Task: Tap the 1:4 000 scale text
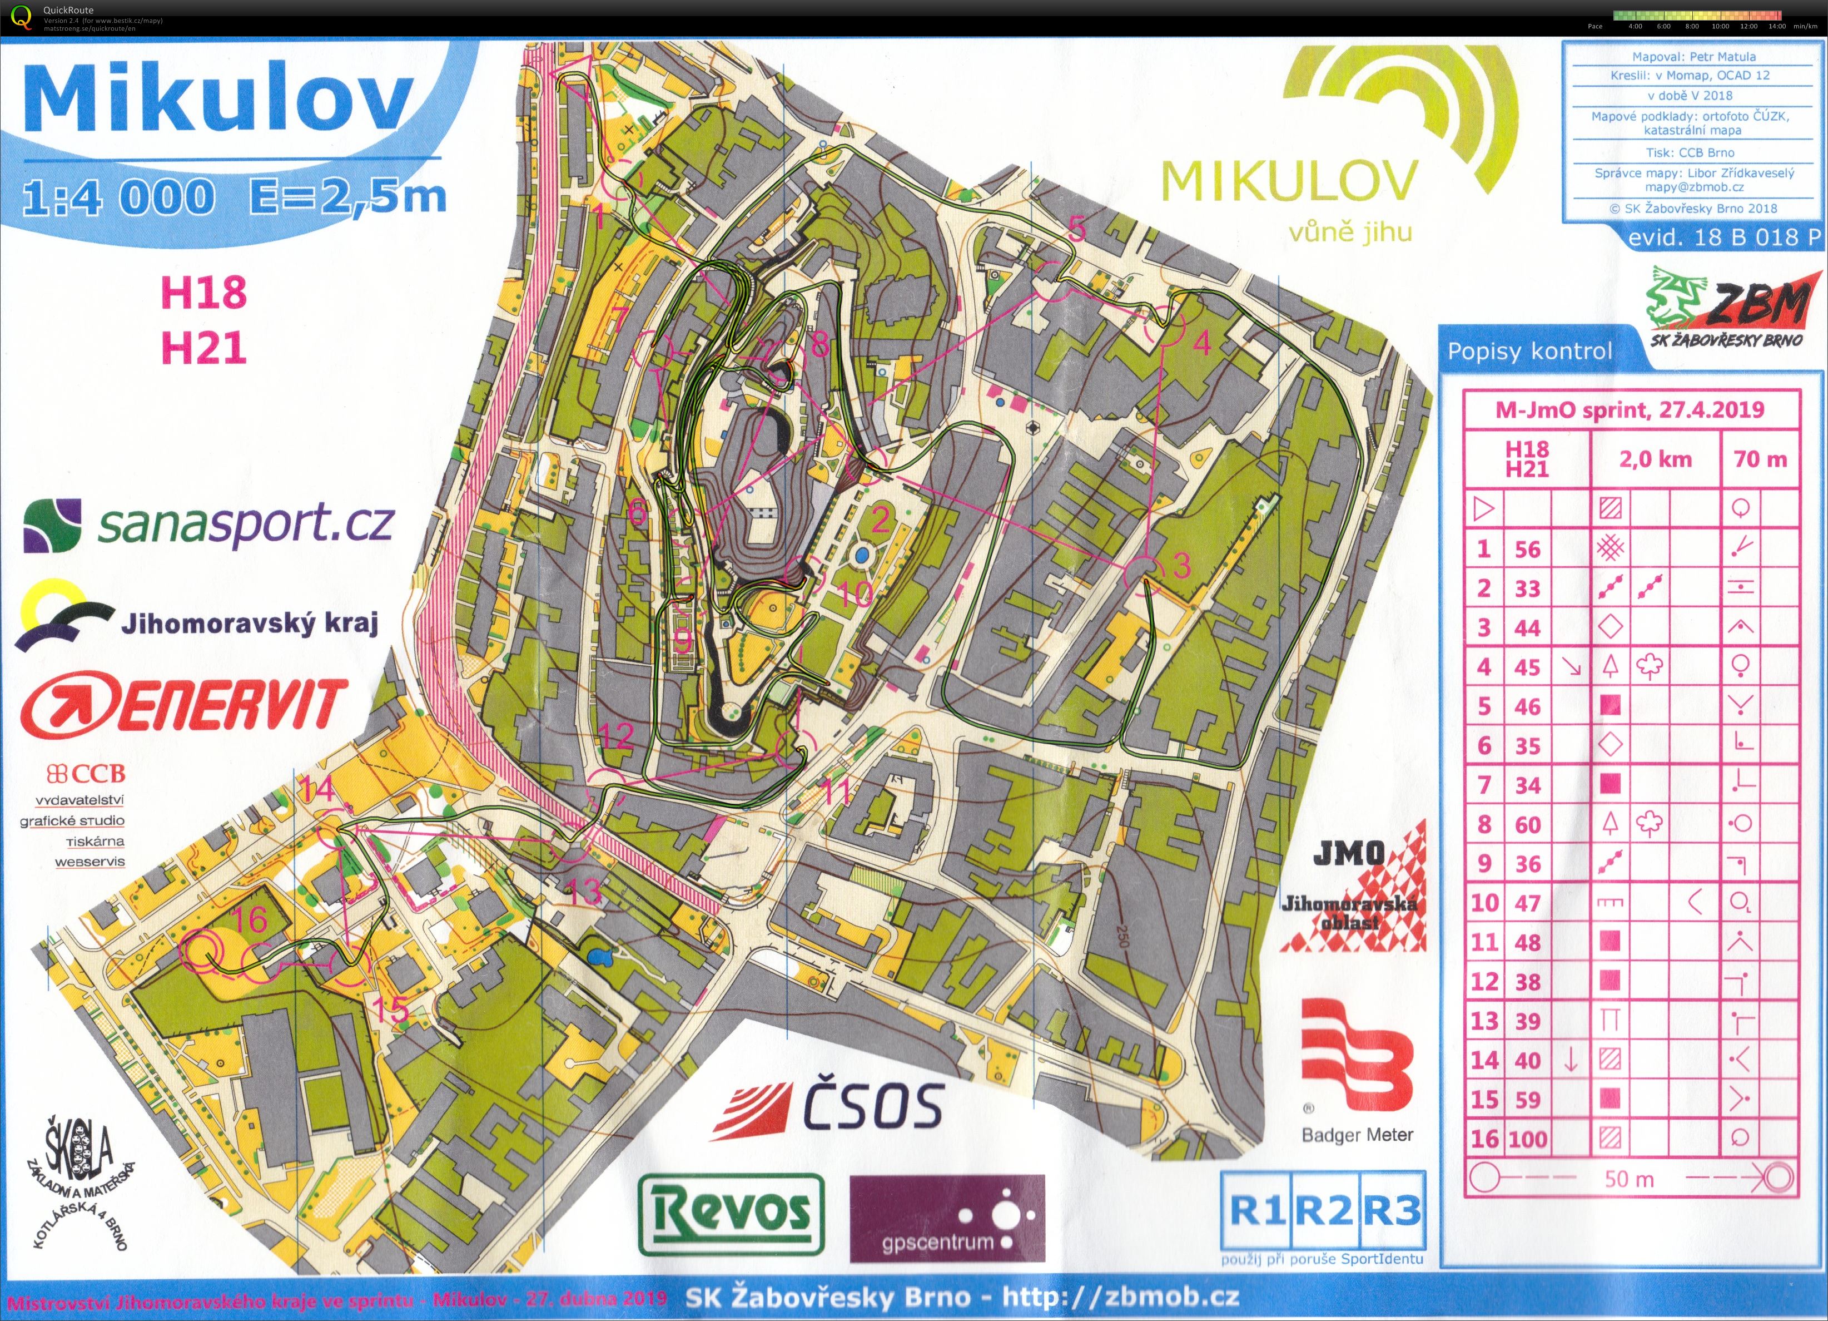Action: pos(120,197)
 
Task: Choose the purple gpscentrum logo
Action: pos(947,1219)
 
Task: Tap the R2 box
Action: pos(1326,1211)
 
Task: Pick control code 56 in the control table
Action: pos(1527,549)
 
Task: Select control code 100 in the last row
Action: pos(1527,1139)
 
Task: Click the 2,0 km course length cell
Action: pos(1656,459)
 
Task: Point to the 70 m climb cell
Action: pos(1760,459)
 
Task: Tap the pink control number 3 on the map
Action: pos(1181,566)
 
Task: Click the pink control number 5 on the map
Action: pos(1077,230)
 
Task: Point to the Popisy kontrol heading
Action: pos(1529,352)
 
